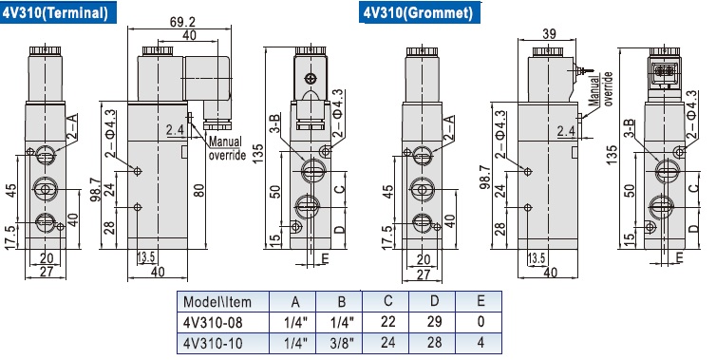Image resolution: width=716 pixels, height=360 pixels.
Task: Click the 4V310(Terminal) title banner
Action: click(58, 12)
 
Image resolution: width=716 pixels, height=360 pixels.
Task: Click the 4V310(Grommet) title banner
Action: click(419, 12)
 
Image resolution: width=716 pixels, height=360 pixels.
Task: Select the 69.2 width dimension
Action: click(182, 22)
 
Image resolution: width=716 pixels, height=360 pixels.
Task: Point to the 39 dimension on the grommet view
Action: click(549, 33)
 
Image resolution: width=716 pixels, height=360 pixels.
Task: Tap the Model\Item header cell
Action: click(217, 302)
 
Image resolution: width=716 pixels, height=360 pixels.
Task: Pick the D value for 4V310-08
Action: click(434, 322)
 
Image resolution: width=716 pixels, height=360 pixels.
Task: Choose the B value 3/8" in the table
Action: click(342, 343)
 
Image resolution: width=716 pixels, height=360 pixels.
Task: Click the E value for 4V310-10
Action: click(480, 342)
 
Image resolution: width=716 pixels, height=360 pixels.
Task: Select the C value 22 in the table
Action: click(387, 322)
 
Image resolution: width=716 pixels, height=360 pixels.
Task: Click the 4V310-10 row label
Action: click(213, 343)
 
